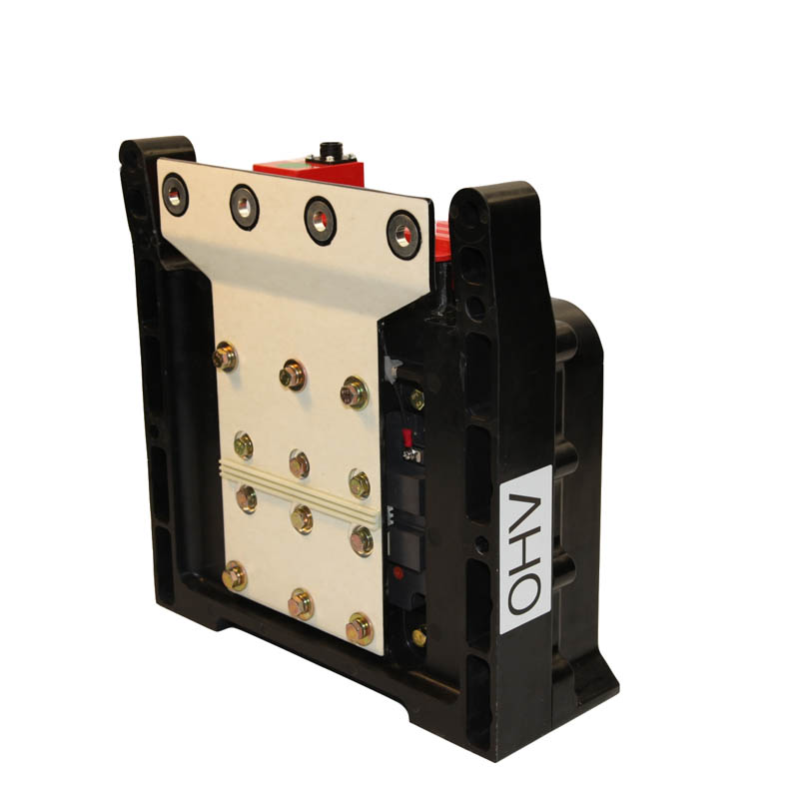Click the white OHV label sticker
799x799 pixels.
pos(525,549)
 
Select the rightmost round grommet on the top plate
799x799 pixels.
pos(403,236)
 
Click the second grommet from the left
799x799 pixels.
pos(244,207)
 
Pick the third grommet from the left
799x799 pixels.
pos(320,221)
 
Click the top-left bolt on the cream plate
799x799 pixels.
pos(225,357)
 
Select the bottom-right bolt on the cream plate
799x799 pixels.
pos(360,630)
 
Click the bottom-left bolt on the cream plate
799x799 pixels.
pos(235,576)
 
